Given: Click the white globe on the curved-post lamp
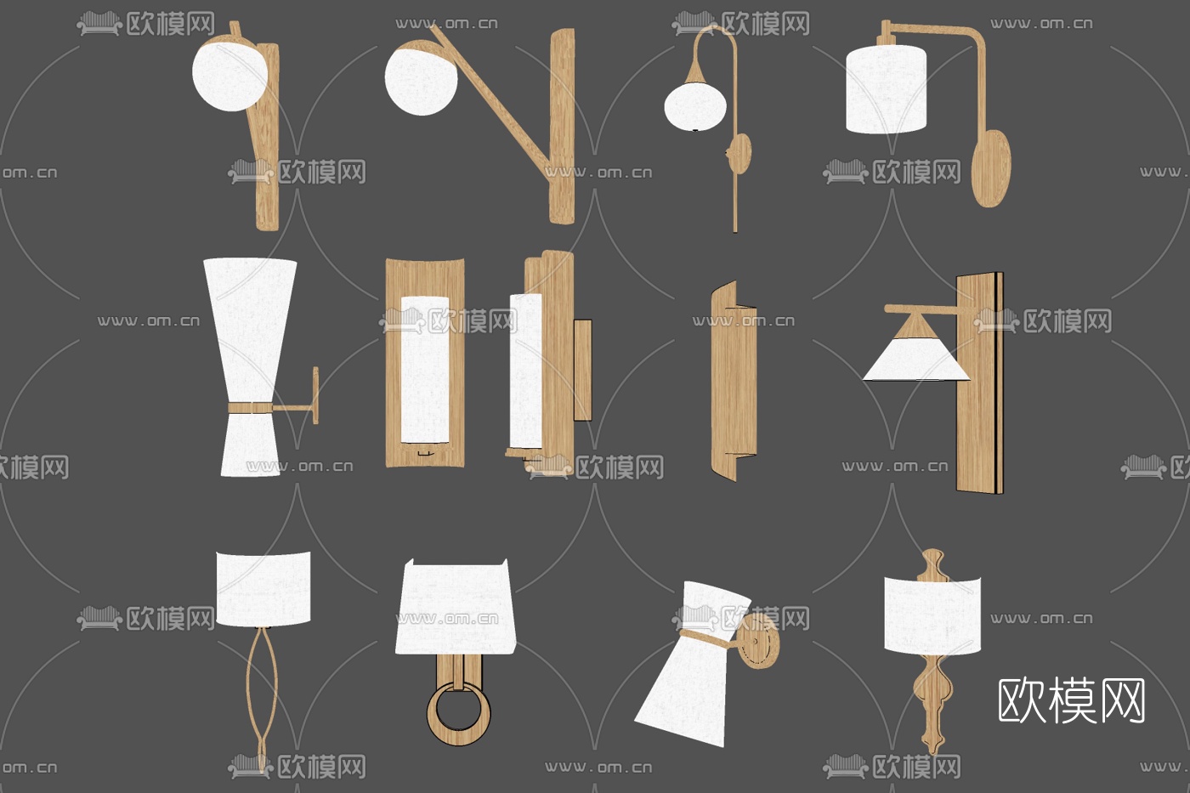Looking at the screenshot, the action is point(230,77).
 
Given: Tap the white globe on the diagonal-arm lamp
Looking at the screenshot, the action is point(421,81).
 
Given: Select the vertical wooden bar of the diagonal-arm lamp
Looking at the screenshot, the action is point(562,126).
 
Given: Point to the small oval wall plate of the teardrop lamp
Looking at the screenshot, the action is point(740,152).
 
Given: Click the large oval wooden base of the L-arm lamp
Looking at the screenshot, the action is point(991,167).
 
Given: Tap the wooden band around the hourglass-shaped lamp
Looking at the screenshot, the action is point(250,407).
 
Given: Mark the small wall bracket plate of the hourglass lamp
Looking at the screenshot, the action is point(315,394).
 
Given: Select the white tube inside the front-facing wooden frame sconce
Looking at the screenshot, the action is point(424,370).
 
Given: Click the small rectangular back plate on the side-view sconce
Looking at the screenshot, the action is point(583,370).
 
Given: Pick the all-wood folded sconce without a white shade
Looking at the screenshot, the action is point(734,381).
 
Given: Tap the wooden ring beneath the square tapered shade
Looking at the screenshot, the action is point(459,716).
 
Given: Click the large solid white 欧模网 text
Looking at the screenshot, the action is point(1071,701).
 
